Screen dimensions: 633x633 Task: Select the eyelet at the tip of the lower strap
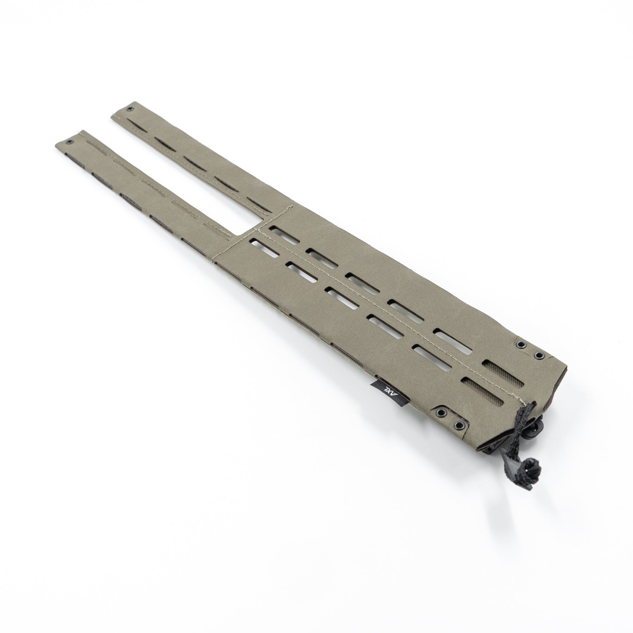(x=69, y=142)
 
